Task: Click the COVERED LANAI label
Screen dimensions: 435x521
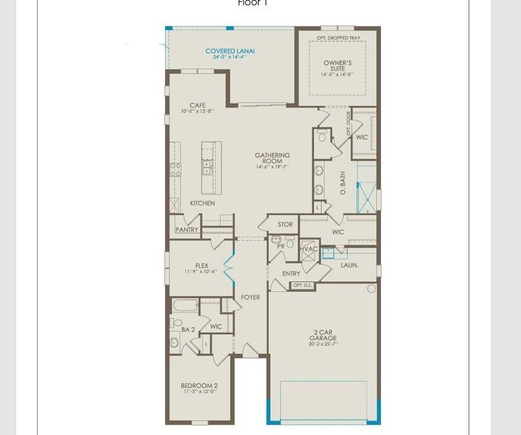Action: coord(230,51)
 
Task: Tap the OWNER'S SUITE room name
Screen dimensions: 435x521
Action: coord(337,66)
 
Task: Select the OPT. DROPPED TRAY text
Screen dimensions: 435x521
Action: coord(338,38)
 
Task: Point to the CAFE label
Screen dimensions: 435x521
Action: coord(198,106)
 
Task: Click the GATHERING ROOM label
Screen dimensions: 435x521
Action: coord(272,158)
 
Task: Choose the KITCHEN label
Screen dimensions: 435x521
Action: coord(202,204)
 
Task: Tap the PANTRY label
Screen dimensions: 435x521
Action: coord(187,230)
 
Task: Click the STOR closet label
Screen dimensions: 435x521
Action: coord(285,225)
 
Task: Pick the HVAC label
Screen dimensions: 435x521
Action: coord(309,249)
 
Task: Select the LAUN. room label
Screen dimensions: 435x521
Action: coord(349,265)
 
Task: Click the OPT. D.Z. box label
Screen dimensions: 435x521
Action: coord(302,285)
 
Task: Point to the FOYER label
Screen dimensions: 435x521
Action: coord(250,297)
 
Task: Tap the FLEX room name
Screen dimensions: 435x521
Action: coord(201,266)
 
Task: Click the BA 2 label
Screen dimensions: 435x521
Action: coord(188,330)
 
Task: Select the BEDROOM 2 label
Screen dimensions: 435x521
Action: coord(199,385)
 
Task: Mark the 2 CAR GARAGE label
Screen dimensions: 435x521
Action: coord(323,335)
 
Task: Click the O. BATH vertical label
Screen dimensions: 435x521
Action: coord(343,183)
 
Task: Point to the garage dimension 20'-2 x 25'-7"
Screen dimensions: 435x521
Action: coord(323,344)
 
